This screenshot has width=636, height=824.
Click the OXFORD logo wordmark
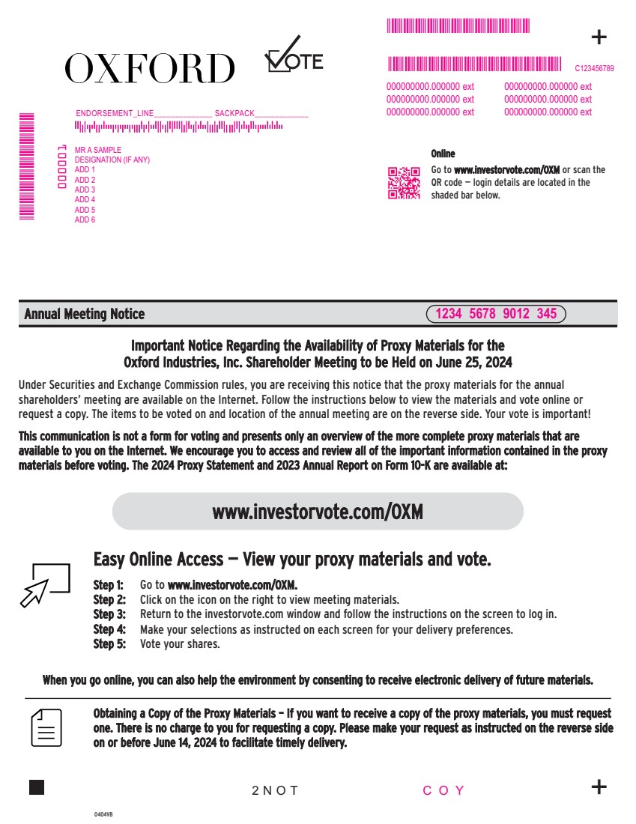tap(149, 69)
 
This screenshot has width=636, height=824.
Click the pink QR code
tap(402, 183)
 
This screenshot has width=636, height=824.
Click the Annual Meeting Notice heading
tap(85, 314)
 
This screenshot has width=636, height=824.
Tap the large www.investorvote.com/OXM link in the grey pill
tap(318, 512)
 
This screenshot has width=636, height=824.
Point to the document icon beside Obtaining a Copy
tap(46, 727)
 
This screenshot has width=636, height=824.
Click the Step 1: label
tap(109, 584)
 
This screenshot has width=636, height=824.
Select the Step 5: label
tap(109, 643)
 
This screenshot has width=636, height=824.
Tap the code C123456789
tap(594, 68)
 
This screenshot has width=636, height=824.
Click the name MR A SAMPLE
tap(98, 151)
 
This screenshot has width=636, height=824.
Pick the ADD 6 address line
tap(85, 219)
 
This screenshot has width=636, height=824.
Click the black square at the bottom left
tap(37, 787)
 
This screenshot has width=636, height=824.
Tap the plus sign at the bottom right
tap(599, 787)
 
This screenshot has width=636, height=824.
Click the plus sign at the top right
tap(599, 37)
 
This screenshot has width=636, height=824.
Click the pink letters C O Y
tap(444, 790)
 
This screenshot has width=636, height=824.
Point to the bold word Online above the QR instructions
tap(443, 154)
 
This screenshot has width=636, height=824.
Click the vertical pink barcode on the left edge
tap(27, 165)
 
